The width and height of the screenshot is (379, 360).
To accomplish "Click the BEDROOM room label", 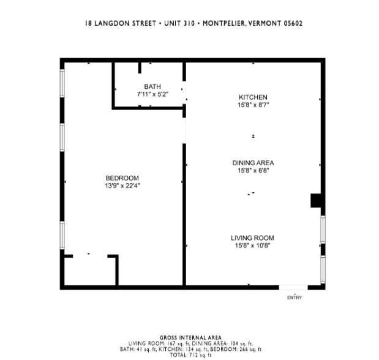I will [122, 178].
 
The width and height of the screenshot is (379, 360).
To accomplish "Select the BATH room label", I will [152, 87].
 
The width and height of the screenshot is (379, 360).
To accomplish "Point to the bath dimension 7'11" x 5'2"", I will [152, 95].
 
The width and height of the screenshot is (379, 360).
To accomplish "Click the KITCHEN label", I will [253, 97].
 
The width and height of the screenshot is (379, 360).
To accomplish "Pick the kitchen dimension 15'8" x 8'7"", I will [253, 105].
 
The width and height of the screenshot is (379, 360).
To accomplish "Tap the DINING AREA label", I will [253, 163].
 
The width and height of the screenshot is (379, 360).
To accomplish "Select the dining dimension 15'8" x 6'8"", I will [253, 171].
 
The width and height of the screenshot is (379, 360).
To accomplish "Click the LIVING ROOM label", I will [252, 238].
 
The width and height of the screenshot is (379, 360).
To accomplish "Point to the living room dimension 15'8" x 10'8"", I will [252, 246].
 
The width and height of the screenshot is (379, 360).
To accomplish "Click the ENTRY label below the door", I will [295, 298].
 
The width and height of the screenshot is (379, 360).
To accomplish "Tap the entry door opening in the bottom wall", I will [294, 287].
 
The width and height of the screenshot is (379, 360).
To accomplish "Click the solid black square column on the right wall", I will [317, 201].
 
